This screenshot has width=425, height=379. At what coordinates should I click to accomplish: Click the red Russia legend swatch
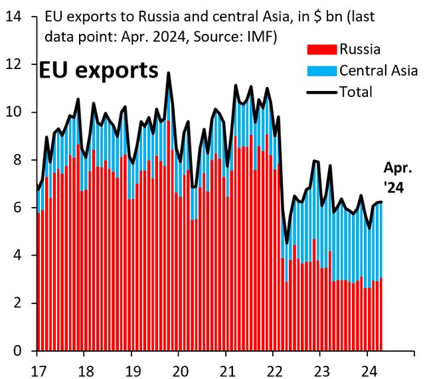pos(321,48)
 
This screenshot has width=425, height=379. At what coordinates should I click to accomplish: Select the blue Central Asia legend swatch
pos(321,70)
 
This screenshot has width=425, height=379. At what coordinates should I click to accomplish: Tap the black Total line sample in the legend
pos(321,92)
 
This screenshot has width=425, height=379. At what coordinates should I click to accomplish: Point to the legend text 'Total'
pos(356,92)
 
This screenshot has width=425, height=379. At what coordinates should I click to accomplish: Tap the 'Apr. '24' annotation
pos(397,178)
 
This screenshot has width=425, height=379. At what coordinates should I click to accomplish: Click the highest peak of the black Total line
pos(169,73)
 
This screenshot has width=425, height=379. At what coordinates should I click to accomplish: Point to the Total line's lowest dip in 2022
pos(287,243)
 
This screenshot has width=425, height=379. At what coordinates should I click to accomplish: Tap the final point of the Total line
pos(381,202)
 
